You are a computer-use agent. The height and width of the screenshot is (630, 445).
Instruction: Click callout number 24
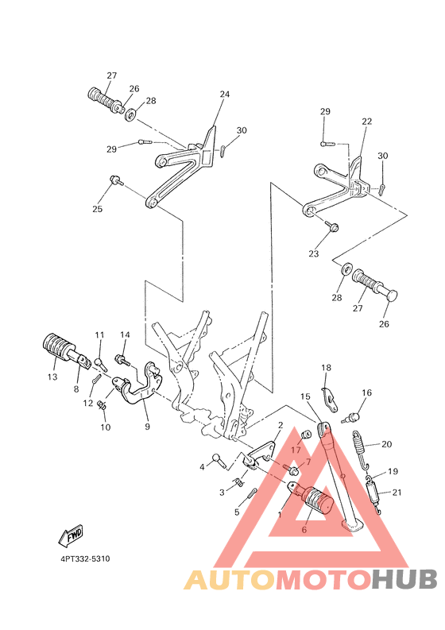225,95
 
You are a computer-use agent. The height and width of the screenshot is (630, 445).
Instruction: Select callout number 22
366,122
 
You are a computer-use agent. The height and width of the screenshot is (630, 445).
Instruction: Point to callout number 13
52,377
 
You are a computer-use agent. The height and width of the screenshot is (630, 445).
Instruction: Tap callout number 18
326,368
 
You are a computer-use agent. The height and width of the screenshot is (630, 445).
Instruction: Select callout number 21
397,493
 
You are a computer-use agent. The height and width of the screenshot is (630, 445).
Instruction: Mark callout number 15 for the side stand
305,396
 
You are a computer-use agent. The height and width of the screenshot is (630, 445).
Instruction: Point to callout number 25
98,210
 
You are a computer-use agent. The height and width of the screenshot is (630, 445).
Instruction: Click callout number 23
313,254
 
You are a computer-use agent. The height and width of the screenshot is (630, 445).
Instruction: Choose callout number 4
203,467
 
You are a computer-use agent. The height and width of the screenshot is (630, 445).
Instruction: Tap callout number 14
125,334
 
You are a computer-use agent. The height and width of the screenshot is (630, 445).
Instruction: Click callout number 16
366,392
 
